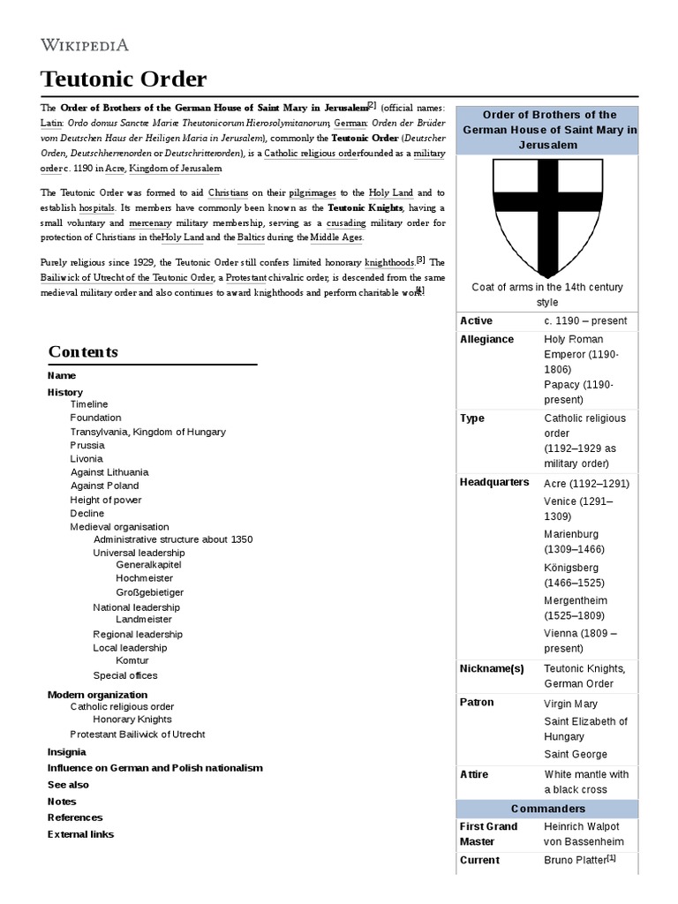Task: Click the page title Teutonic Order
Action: click(124, 79)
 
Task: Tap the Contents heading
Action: click(82, 351)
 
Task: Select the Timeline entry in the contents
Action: click(89, 404)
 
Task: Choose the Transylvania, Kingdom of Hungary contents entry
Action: click(147, 432)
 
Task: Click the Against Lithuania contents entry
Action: click(109, 472)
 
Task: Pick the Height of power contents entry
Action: click(106, 500)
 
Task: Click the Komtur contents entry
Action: click(132, 660)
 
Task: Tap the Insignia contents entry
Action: click(66, 752)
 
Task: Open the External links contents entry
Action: click(80, 834)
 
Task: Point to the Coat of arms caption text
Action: click(546, 295)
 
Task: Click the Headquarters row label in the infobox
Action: click(494, 482)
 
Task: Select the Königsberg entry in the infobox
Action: click(571, 568)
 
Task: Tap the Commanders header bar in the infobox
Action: click(546, 809)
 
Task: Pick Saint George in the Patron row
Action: click(576, 755)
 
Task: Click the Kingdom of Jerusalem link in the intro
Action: click(176, 169)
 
